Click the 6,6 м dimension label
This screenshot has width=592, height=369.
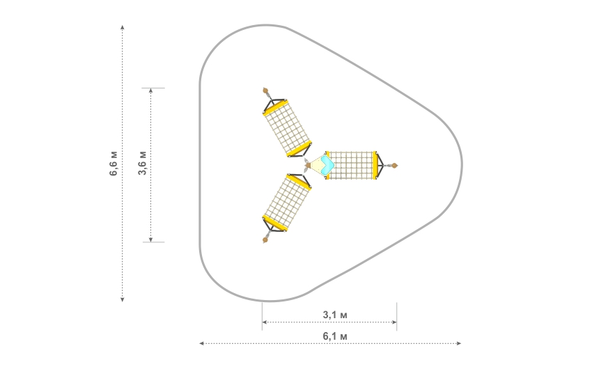[x=114, y=164]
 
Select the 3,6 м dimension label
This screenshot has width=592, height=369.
[x=142, y=163]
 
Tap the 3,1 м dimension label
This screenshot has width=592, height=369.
[x=335, y=315]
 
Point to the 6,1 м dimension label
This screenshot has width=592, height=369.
[x=335, y=336]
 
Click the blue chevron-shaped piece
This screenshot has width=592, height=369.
[x=328, y=164]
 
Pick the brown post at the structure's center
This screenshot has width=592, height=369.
[x=308, y=165]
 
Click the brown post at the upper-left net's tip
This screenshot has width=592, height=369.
[x=265, y=91]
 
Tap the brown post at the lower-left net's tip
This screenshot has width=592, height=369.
[x=265, y=240]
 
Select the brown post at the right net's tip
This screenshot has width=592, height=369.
[x=394, y=165]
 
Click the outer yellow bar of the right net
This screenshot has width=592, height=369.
[x=375, y=165]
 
